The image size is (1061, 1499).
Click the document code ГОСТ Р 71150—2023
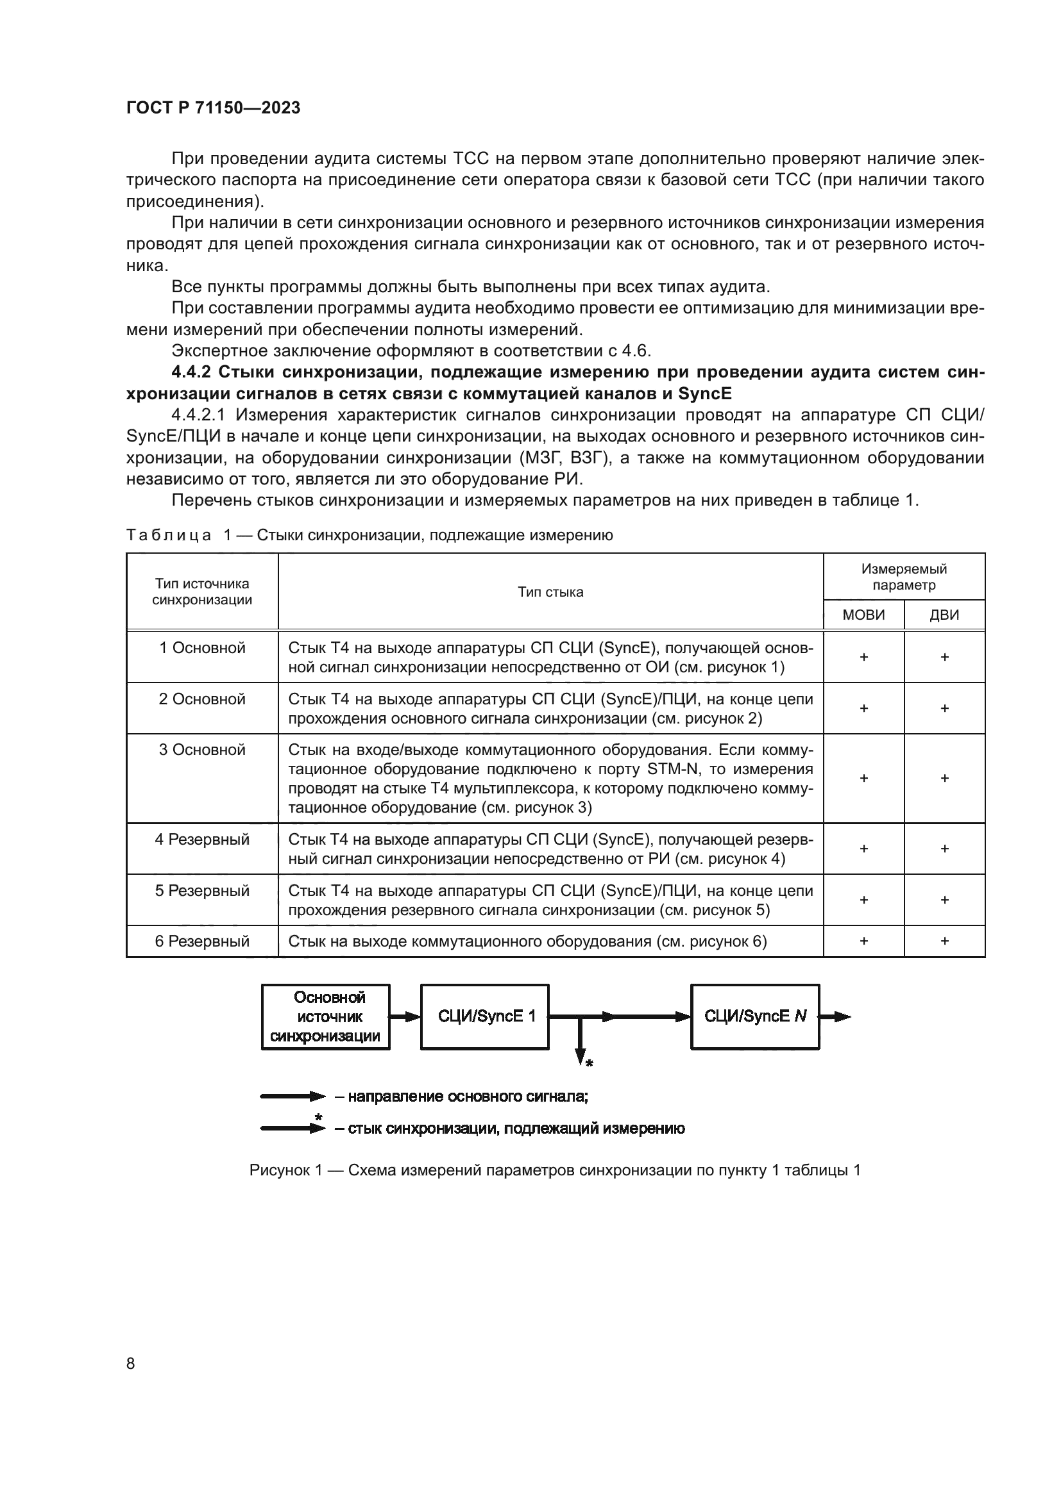[213, 108]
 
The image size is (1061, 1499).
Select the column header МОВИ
[863, 615]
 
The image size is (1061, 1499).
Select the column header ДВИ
[944, 615]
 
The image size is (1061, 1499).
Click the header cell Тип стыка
[550, 592]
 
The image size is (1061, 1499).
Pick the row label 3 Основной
[202, 750]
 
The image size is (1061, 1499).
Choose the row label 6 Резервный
[202, 941]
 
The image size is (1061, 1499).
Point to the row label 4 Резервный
[202, 839]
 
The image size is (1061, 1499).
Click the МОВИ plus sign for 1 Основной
[863, 657]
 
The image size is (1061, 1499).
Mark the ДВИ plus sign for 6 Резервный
[944, 941]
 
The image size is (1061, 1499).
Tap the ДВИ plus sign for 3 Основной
[944, 777]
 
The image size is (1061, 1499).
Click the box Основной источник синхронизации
[325, 1016]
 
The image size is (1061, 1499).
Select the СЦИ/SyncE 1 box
[485, 1016]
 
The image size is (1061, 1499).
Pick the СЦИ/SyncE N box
[754, 1016]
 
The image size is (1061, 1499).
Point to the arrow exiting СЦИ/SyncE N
[836, 1016]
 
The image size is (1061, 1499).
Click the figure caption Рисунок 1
[554, 1170]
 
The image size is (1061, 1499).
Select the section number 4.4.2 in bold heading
[191, 372]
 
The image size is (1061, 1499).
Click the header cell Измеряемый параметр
[904, 577]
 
